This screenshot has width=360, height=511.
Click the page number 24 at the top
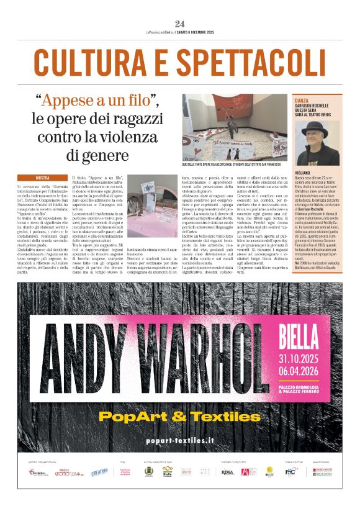tap(180, 24)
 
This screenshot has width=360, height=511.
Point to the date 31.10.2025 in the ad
tap(305, 359)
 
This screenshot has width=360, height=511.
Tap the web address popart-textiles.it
tap(179, 440)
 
